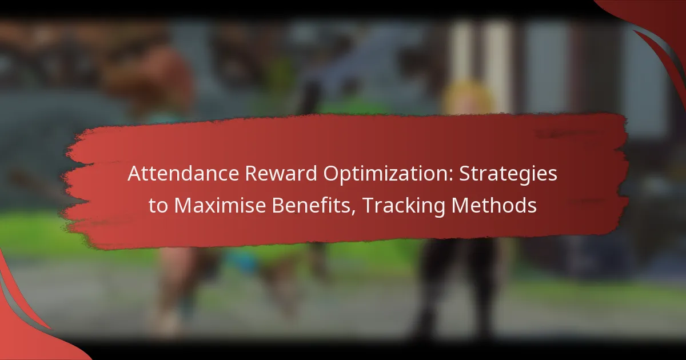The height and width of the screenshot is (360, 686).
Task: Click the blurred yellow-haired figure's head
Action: [x=466, y=97]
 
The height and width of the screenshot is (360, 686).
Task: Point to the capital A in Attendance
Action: [x=133, y=174]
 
